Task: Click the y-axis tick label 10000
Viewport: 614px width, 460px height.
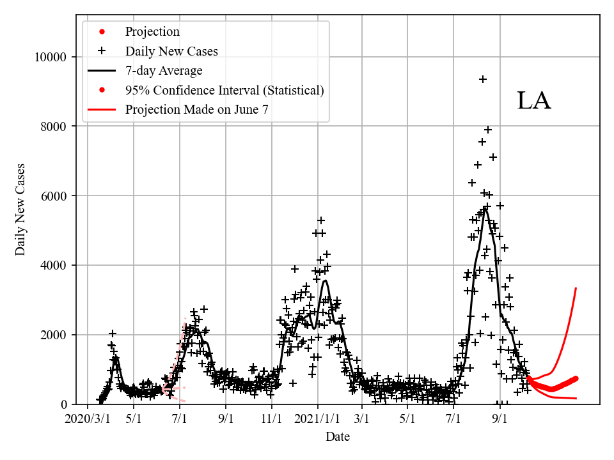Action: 51,57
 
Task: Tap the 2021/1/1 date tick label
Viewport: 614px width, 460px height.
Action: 317,419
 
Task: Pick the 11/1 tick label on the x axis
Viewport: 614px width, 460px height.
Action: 271,419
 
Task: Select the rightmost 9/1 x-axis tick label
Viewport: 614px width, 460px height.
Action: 500,419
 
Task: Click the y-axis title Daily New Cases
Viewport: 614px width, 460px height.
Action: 20,210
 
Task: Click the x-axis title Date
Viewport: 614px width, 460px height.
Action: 338,437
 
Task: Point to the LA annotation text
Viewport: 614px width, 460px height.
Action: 533,101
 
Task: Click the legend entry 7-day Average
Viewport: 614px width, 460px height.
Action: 164,70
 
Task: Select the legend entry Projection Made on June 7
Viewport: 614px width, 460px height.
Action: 196,109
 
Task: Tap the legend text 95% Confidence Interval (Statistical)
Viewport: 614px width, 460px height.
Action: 224,90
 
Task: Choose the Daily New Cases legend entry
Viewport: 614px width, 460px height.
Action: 171,51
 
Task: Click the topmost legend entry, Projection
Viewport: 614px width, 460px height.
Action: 152,31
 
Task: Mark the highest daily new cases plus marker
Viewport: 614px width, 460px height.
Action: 483,79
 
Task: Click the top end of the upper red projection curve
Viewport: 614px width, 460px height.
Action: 576,288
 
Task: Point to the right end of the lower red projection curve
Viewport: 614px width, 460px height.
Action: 576,399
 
